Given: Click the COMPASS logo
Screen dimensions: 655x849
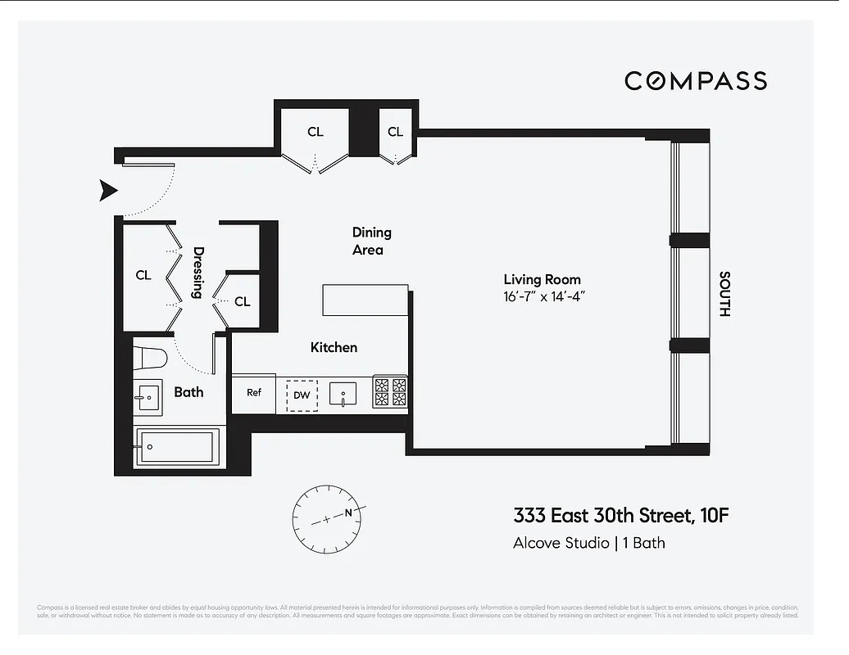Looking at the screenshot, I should [696, 80].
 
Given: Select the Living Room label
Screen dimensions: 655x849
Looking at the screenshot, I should [542, 280].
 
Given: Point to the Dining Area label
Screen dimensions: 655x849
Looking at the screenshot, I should [371, 241].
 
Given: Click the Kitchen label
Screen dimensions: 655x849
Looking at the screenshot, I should [334, 347].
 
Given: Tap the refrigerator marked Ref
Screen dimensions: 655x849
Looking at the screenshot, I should [254, 393].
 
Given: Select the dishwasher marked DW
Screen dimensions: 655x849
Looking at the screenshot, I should [302, 395].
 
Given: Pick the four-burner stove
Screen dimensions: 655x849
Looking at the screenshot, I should [390, 392].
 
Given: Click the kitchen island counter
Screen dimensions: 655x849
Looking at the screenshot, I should [365, 300].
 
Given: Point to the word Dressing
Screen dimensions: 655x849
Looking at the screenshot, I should [197, 273].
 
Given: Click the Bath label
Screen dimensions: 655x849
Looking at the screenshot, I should [188, 392].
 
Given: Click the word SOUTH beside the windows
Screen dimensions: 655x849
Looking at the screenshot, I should [724, 294].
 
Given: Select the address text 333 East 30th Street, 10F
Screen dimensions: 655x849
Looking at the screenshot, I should [620, 516].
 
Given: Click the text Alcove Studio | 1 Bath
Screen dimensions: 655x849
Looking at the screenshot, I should [588, 543].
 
